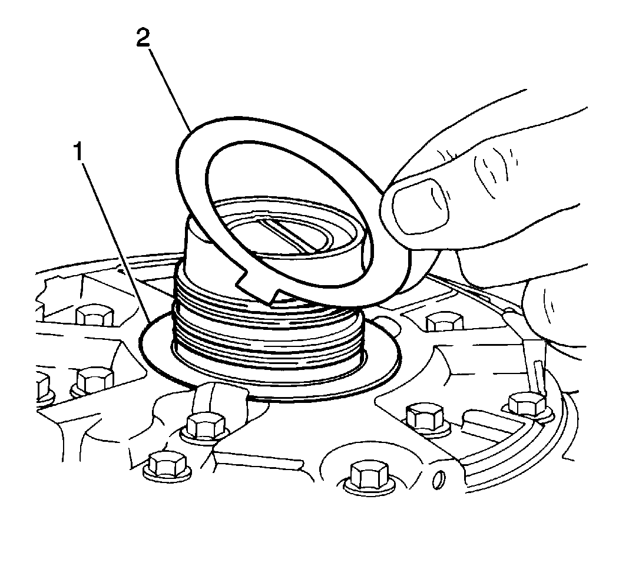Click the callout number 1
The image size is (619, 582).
point(78,152)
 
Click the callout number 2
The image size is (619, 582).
point(143,38)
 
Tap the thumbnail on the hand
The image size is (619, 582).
point(420,206)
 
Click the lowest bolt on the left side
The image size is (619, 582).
point(167,466)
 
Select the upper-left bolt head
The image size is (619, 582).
point(95,315)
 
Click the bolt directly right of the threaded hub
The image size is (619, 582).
point(444,320)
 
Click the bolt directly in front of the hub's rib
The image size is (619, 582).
point(206,427)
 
